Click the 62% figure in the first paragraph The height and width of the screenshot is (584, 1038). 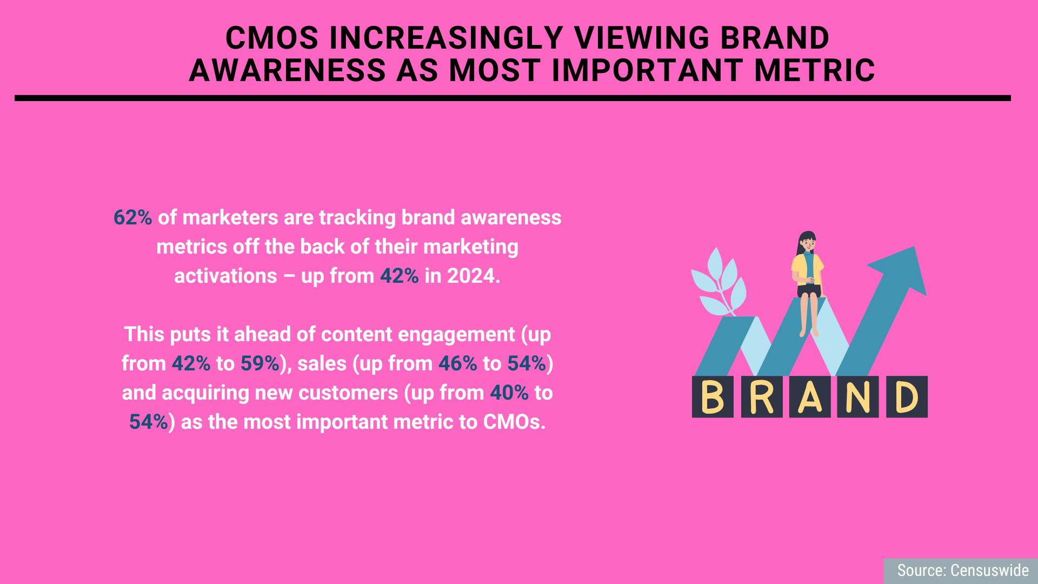click(133, 218)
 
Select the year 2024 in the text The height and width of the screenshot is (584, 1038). click(470, 276)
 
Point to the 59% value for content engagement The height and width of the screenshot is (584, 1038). click(260, 364)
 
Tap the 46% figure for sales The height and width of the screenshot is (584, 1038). click(458, 364)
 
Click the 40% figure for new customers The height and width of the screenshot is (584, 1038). click(509, 393)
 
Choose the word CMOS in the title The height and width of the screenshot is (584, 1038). click(273, 38)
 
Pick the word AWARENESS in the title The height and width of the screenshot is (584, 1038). click(287, 70)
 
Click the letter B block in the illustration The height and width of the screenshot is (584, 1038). click(713, 397)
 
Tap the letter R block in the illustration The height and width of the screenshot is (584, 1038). click(761, 397)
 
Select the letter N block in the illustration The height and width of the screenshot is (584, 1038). click(858, 397)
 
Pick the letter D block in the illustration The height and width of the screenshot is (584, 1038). click(907, 397)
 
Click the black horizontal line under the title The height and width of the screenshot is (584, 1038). click(513, 98)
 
